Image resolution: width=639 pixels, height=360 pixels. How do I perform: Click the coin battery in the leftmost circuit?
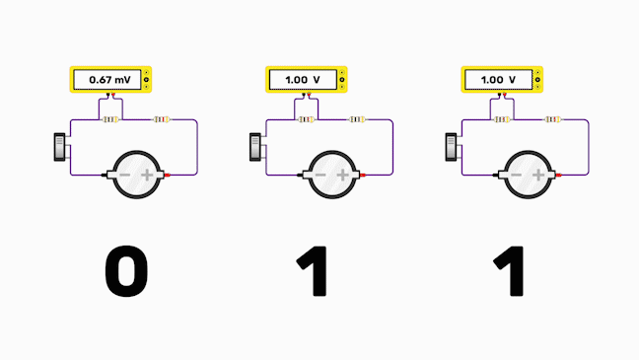136,176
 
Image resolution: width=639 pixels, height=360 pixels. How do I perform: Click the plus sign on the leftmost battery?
148,176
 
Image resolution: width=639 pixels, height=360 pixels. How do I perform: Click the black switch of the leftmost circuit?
59,147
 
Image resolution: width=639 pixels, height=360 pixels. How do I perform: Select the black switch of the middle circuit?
255,147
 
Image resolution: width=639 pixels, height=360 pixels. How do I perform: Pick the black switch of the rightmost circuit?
452,147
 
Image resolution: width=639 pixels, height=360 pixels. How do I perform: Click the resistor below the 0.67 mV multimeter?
110,120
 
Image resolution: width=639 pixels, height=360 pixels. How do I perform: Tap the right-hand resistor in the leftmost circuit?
161,120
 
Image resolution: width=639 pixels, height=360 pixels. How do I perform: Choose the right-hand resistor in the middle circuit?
357,120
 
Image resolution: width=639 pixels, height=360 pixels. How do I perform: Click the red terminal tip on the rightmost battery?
561,176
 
